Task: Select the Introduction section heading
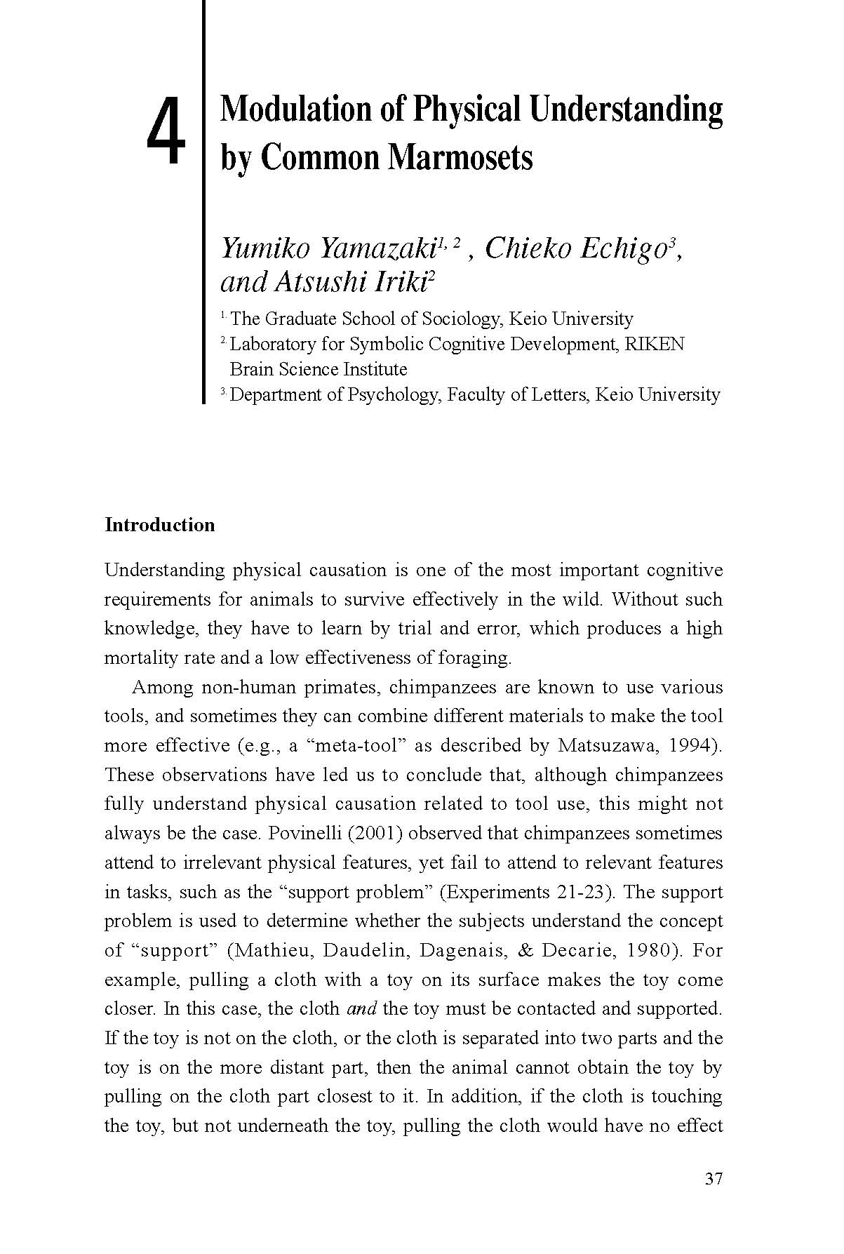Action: coord(159,525)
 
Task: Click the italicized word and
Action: coord(361,1009)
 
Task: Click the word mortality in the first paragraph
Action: coord(138,658)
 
